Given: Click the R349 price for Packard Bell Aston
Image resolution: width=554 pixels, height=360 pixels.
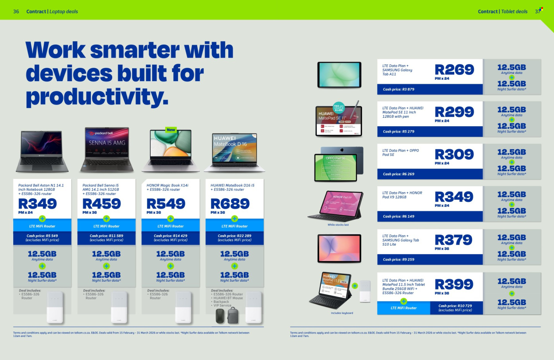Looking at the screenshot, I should click(x=38, y=204).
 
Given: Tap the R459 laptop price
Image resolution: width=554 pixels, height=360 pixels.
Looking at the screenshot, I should click(x=101, y=204).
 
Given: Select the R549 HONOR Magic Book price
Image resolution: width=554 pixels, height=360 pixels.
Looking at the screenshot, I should click(x=166, y=204).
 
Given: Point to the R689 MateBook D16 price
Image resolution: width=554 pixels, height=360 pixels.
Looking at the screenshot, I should click(x=230, y=204).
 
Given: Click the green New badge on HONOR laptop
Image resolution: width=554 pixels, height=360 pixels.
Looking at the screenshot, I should click(x=171, y=130).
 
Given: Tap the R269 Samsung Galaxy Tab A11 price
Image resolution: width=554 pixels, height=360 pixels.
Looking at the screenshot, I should click(x=454, y=70).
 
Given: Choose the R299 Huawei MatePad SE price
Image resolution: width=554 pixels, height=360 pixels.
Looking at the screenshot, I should click(x=454, y=112).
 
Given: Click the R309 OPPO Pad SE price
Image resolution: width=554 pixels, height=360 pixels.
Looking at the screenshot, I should click(x=454, y=154).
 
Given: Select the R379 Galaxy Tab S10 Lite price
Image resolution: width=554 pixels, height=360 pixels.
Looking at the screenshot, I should click(x=454, y=240).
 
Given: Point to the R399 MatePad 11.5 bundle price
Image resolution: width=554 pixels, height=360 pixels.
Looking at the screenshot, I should click(x=454, y=284).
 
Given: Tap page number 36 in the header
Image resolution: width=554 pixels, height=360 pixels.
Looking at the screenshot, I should click(x=16, y=12).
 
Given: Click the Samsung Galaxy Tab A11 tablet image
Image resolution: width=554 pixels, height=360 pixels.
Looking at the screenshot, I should click(x=340, y=74).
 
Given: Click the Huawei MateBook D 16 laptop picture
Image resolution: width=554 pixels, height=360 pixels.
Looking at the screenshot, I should click(x=234, y=152).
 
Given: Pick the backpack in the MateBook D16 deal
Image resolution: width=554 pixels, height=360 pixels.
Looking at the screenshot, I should click(x=232, y=315).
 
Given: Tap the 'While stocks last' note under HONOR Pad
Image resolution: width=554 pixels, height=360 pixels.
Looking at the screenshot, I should click(x=338, y=225).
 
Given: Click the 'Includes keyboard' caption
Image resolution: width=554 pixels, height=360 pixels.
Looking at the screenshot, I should click(x=342, y=313).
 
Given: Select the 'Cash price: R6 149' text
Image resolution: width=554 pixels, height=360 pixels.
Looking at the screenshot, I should click(x=398, y=217).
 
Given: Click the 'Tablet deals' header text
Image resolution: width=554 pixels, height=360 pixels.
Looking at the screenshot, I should click(x=514, y=12).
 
